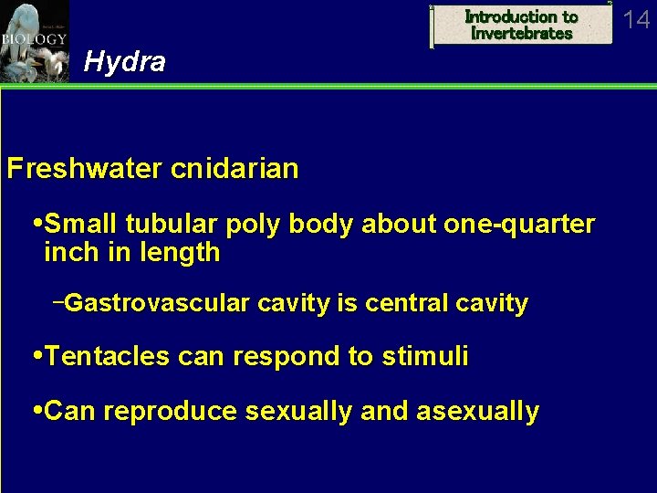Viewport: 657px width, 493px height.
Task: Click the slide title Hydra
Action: click(x=124, y=62)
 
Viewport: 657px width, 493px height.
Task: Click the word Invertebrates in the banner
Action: click(x=522, y=34)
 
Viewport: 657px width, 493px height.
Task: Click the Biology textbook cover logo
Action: click(x=34, y=41)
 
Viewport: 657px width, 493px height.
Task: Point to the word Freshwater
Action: click(x=81, y=169)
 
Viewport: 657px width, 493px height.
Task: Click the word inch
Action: click(x=68, y=252)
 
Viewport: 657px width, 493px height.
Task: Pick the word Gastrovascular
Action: click(x=157, y=303)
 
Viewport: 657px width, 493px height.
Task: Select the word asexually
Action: click(x=477, y=412)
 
